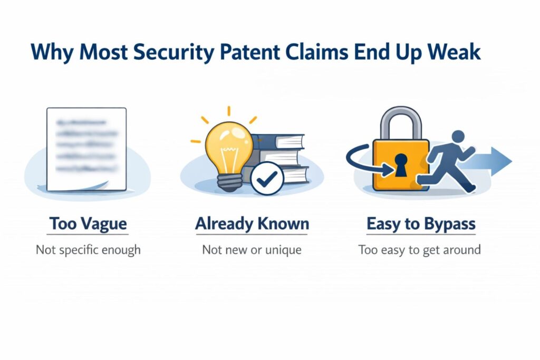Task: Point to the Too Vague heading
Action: pyautogui.click(x=88, y=223)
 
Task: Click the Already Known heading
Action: pyautogui.click(x=252, y=223)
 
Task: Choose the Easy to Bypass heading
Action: pyautogui.click(x=421, y=223)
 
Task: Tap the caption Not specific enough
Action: pyautogui.click(x=88, y=249)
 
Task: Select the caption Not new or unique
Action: pyautogui.click(x=252, y=249)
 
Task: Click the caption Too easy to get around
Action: pyautogui.click(x=420, y=249)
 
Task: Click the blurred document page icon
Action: pyautogui.click(x=86, y=149)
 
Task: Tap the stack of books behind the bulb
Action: pyautogui.click(x=279, y=153)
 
